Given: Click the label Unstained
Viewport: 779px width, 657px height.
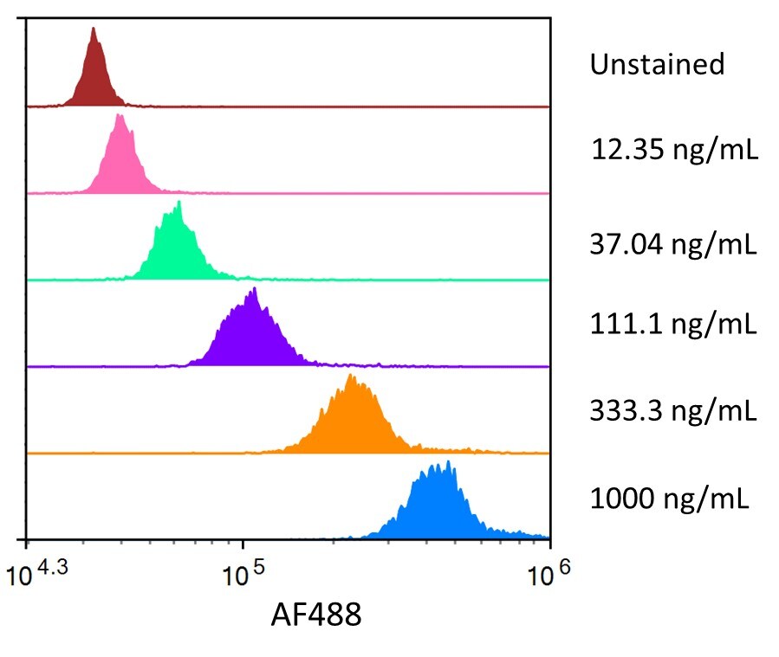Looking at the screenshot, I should [657, 64].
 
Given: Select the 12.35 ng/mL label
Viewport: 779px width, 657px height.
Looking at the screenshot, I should [674, 151].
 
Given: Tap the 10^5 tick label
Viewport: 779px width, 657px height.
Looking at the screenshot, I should [242, 574].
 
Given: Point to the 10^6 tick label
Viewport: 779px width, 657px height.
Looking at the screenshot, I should [549, 574].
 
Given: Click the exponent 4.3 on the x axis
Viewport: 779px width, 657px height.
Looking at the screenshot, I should [51, 567].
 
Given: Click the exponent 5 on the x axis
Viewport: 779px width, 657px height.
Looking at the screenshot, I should [255, 567].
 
